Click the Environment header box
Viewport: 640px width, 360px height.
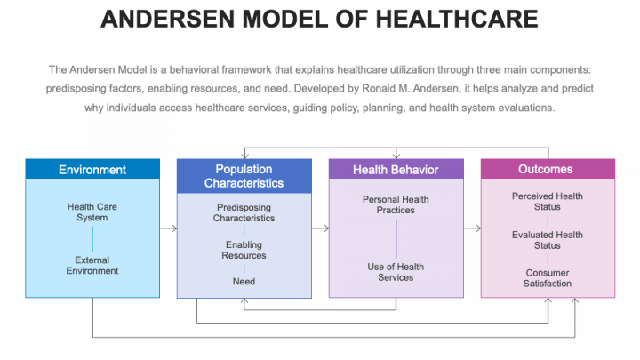pos(92,170)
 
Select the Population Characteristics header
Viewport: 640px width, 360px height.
pos(244,176)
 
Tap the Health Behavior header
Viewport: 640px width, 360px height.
pos(396,170)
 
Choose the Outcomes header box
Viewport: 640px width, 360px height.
pos(548,169)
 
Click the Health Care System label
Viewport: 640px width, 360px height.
pos(92,212)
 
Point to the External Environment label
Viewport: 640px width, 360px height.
pos(92,265)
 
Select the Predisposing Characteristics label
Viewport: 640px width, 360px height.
pos(244,212)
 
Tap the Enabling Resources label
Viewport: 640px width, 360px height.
pos(244,250)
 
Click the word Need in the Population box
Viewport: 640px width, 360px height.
pos(244,281)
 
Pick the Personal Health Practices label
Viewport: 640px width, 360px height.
pos(396,204)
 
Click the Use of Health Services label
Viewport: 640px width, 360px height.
pos(396,272)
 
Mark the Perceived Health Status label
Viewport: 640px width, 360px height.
pos(548,201)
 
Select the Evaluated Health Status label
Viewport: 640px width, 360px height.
pos(548,240)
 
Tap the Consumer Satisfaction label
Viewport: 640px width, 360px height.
pos(548,278)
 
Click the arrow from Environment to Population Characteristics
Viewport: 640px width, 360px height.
pos(168,228)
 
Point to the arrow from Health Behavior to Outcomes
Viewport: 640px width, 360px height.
pos(472,228)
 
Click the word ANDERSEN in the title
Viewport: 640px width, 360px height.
pos(161,19)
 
